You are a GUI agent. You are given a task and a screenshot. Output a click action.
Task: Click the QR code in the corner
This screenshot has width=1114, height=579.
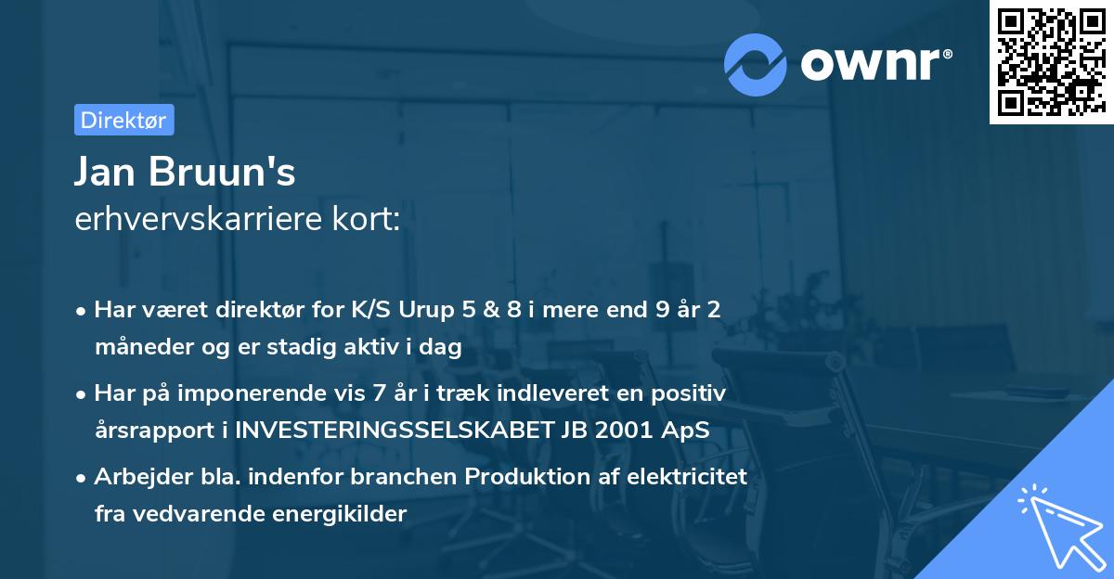1051,62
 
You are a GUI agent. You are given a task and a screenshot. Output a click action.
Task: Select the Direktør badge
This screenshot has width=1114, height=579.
123,120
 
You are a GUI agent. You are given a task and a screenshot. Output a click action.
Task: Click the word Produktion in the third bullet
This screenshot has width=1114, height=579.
519,477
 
